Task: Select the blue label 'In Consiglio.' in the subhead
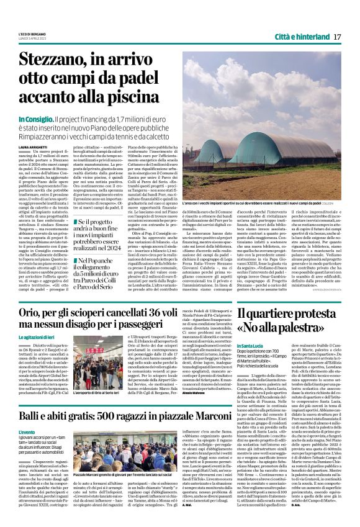pyautogui.click(x=55, y=119)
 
